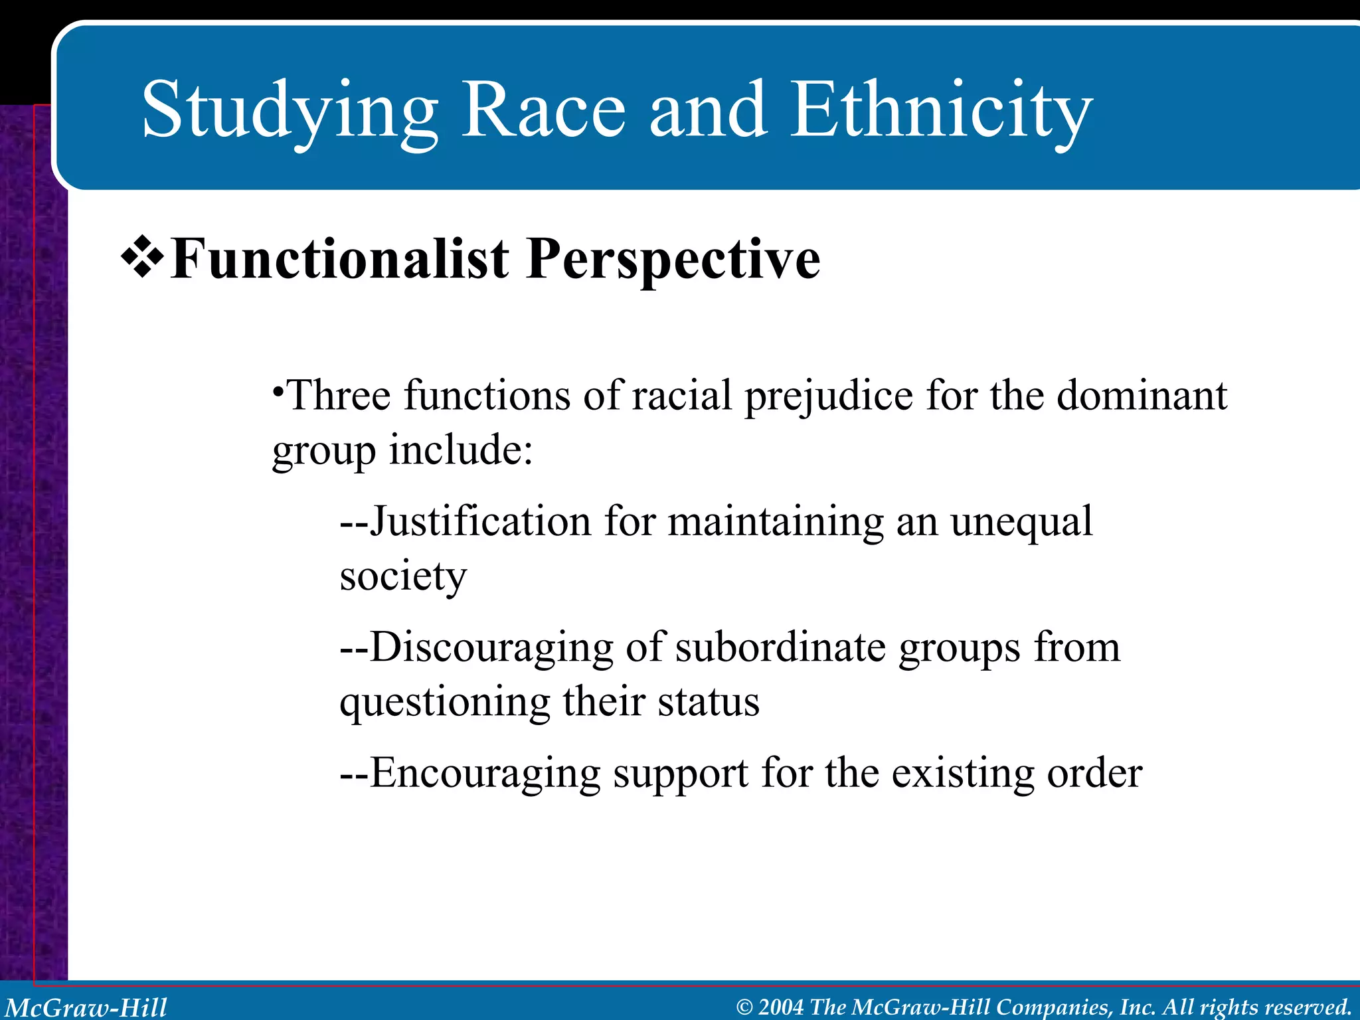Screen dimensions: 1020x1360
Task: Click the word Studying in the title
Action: point(290,112)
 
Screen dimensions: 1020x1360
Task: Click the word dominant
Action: point(1142,396)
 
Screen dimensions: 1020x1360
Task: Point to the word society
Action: point(403,576)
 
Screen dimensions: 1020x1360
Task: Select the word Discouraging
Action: point(491,648)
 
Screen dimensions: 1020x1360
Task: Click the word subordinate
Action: point(780,647)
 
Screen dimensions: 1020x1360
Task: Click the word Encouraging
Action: point(485,774)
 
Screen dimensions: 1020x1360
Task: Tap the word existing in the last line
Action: point(962,774)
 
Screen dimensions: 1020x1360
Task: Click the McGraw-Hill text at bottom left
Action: point(86,1007)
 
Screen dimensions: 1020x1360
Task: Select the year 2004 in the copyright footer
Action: point(781,1007)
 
